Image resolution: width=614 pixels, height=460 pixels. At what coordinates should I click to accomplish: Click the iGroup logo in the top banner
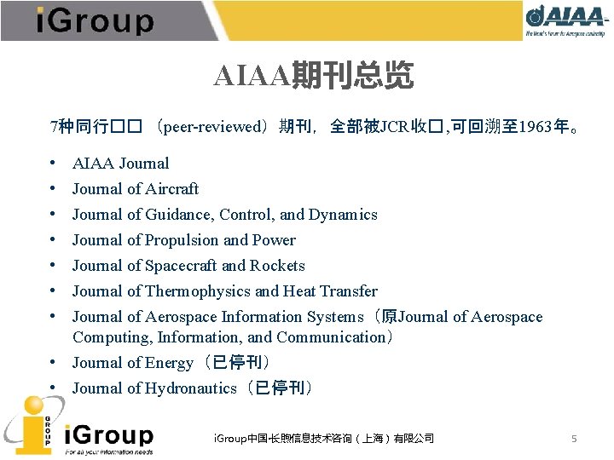(95, 20)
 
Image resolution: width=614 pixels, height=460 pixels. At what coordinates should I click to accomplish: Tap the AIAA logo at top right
(566, 20)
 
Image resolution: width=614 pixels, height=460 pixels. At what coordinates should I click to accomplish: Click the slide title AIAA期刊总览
(314, 77)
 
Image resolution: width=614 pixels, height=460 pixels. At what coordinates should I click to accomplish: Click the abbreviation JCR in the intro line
(394, 127)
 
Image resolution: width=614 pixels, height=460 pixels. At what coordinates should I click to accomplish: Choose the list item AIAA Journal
(120, 164)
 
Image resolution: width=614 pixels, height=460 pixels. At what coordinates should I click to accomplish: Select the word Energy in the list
(169, 363)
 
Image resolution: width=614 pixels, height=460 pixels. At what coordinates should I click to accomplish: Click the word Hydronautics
(190, 388)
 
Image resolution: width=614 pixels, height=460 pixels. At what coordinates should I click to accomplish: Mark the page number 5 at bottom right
(574, 439)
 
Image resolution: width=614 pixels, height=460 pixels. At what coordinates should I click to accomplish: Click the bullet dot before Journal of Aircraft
(53, 189)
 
